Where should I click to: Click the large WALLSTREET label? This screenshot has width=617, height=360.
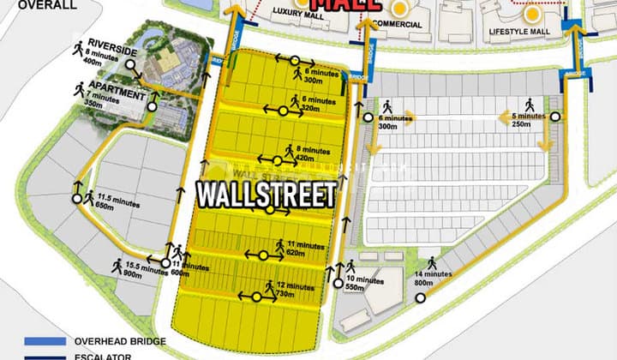pyautogui.click(x=267, y=194)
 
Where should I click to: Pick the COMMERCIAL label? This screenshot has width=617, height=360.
pyautogui.click(x=398, y=24)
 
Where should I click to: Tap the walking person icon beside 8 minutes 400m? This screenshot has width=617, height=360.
pyautogui.click(x=80, y=47)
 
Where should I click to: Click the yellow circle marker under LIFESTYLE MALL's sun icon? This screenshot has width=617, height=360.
pyautogui.click(x=533, y=14)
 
